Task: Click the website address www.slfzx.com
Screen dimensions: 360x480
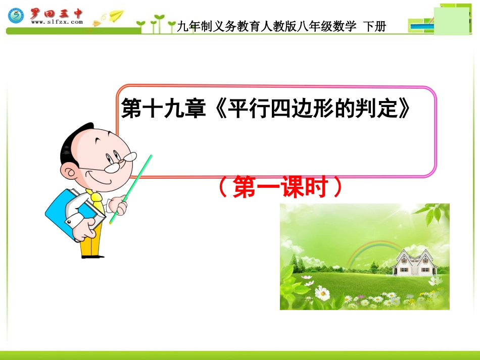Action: click(57, 22)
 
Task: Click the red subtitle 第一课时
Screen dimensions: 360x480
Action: click(280, 188)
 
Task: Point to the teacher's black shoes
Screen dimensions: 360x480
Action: click(92, 256)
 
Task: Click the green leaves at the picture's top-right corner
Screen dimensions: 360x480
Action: click(435, 212)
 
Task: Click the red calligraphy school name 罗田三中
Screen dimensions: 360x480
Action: click(56, 13)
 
